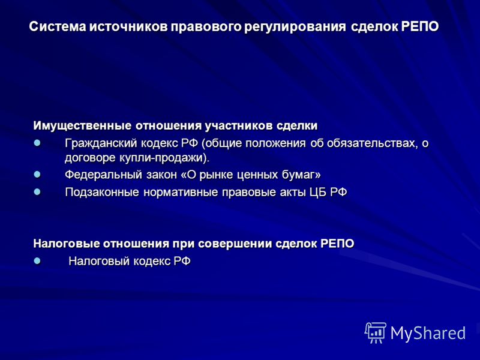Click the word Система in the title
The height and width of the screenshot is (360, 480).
[58, 26]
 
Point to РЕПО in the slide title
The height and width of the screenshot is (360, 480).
[419, 26]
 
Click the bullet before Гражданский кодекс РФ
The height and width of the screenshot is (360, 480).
[37, 143]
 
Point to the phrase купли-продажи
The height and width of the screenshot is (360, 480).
[161, 158]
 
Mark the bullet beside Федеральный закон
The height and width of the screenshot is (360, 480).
[37, 175]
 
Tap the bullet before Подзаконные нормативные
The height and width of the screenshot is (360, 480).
[37, 192]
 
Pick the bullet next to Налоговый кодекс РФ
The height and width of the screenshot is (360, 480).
[37, 261]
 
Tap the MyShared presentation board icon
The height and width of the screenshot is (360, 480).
[376, 333]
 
